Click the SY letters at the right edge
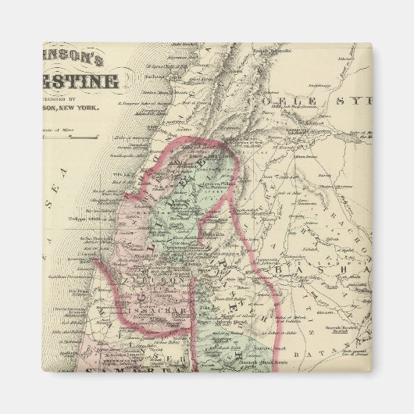[x=360, y=102]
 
